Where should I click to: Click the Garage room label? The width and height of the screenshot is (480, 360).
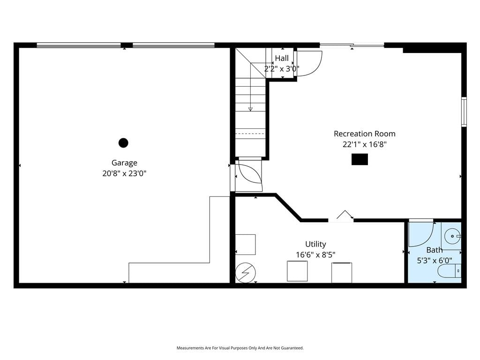(x=124, y=163)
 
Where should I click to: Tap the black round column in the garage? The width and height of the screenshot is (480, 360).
(x=123, y=142)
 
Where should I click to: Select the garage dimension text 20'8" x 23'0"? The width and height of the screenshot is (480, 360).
(x=124, y=173)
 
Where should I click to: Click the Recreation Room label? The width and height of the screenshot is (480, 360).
(x=365, y=134)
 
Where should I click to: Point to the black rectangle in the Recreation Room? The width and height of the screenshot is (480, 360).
(x=360, y=159)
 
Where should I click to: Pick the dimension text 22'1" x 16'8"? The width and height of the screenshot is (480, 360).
(x=365, y=144)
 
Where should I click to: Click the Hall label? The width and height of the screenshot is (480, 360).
(x=282, y=58)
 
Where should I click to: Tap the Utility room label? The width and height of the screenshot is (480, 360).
(x=315, y=244)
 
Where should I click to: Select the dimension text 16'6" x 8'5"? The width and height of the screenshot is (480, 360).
(x=315, y=255)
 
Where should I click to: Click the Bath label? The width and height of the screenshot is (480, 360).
(x=435, y=250)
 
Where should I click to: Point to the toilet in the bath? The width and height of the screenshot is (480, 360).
(x=449, y=271)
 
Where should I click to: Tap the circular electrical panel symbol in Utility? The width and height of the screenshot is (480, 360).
(x=246, y=273)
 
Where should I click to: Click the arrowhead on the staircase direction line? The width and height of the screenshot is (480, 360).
(x=250, y=109)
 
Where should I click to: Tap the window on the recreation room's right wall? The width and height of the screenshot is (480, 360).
(x=464, y=112)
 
